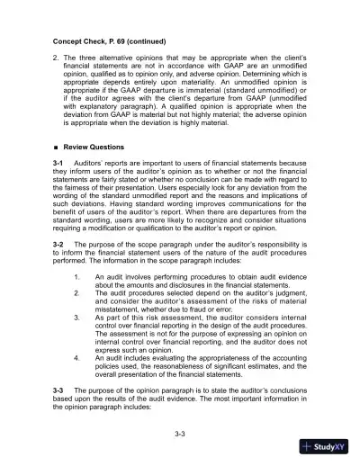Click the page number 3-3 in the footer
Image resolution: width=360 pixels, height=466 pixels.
coord(179,435)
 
